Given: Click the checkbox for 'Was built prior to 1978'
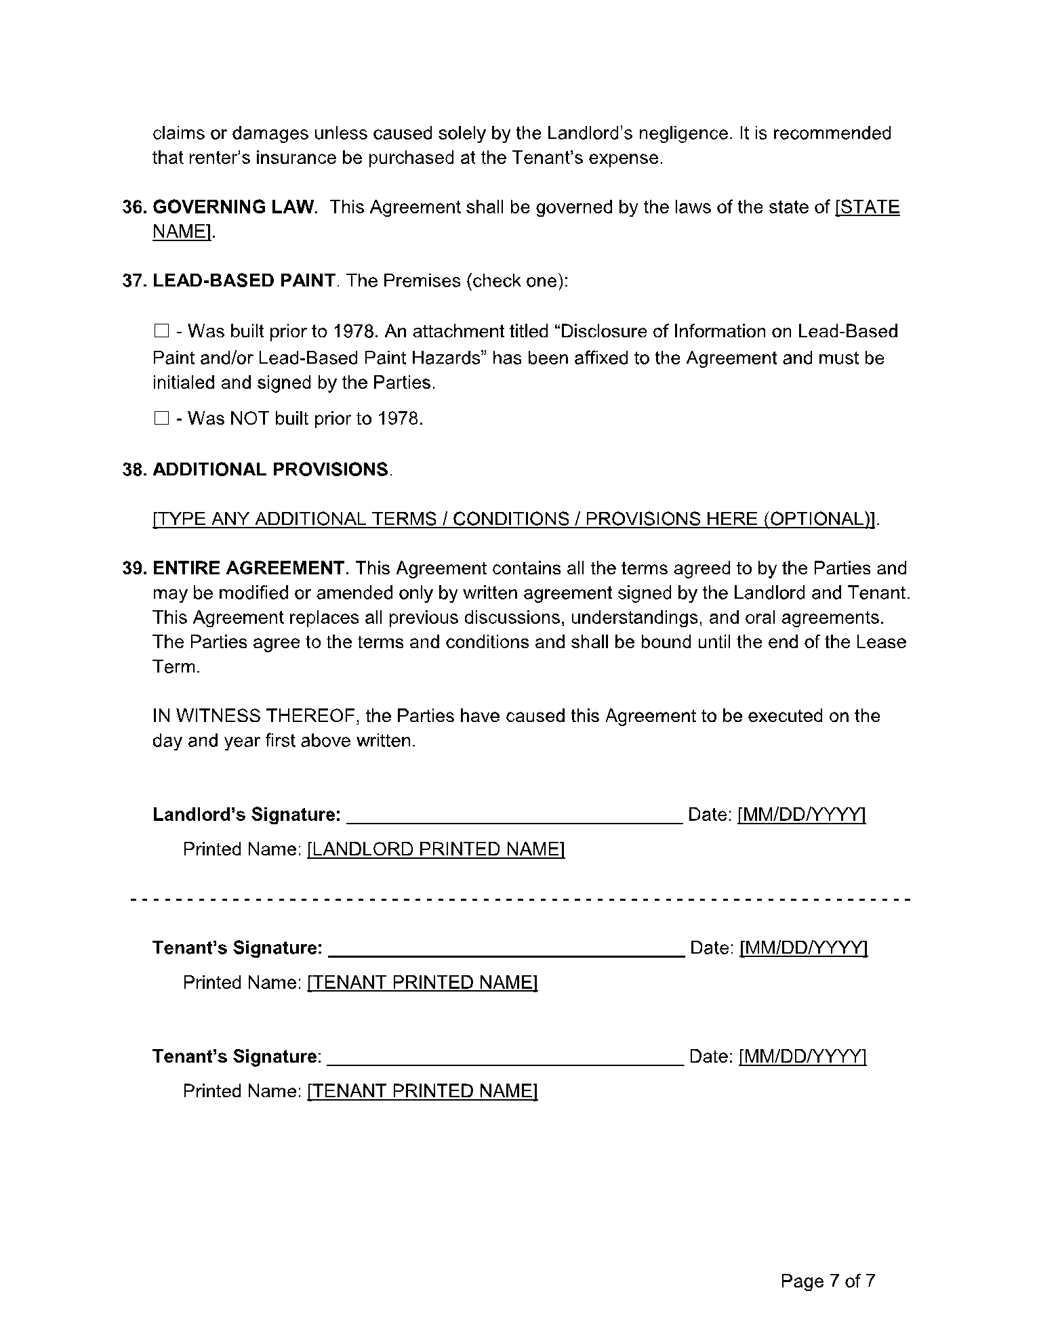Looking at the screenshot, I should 161,331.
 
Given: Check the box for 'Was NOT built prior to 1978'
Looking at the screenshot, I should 161,419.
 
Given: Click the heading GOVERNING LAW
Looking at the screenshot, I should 235,207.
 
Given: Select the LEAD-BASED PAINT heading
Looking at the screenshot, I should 243,281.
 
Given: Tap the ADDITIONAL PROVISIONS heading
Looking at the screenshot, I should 271,469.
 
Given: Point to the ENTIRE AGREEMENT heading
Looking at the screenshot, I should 249,568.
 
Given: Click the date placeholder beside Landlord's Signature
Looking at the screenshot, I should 801,815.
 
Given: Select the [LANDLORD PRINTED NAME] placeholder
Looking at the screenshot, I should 436,849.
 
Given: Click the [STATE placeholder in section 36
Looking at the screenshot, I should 868,207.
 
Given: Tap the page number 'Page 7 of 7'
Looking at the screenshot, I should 828,1281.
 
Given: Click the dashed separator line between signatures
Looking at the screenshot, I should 519,900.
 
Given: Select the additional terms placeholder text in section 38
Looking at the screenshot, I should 514,519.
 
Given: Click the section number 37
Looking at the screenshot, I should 135,281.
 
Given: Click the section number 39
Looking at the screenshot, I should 135,568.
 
